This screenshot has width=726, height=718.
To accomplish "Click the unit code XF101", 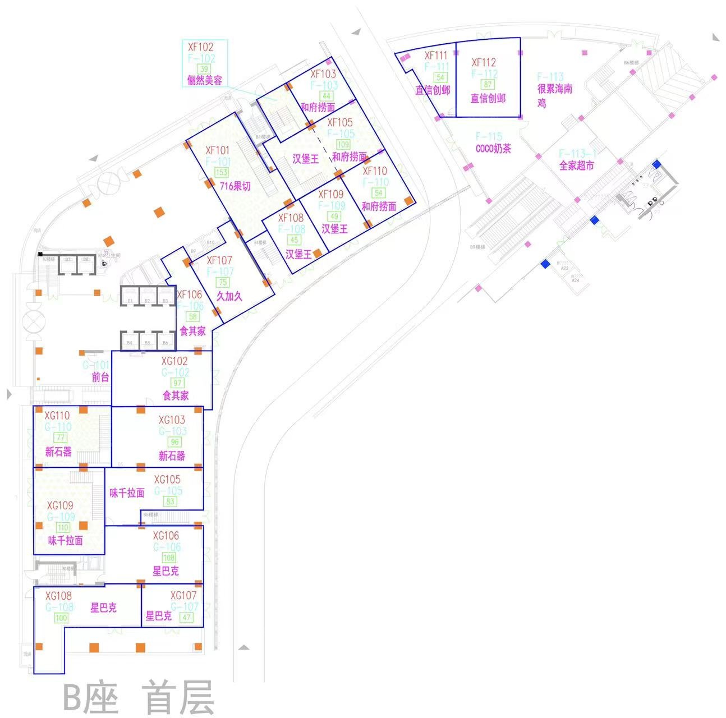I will click(x=218, y=150).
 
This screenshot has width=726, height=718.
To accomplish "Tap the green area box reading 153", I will click(x=222, y=173).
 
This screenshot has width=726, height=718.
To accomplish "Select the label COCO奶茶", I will click(x=493, y=149).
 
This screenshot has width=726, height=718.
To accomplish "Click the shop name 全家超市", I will click(x=576, y=165).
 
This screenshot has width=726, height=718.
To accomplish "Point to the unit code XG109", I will click(x=60, y=505).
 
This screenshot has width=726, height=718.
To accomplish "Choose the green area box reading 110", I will click(x=63, y=527).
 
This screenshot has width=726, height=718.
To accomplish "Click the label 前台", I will click(x=100, y=378).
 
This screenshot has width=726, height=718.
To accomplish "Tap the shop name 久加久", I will click(x=229, y=296).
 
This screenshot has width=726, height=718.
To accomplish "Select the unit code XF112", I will click(x=484, y=62).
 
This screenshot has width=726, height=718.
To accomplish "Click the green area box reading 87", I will click(x=488, y=85).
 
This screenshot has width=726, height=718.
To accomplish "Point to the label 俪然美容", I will click(x=204, y=80).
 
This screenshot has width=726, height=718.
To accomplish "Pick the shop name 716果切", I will click(x=235, y=186).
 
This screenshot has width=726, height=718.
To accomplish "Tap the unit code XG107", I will click(x=183, y=595).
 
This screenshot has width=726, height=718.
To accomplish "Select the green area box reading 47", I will click(x=186, y=617).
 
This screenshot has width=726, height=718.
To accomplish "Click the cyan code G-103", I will click(x=172, y=431).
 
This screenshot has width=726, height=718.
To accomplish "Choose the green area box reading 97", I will click(x=178, y=383).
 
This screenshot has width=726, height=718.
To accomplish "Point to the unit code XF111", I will click(x=436, y=55).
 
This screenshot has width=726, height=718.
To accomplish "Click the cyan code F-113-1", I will click(x=578, y=154).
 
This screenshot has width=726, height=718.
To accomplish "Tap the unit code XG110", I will click(x=57, y=416).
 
